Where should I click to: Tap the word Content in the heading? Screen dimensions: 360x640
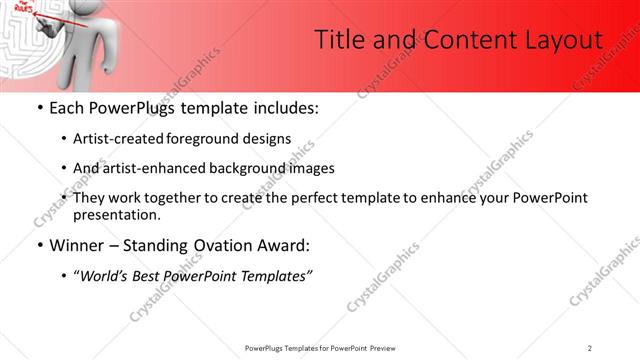click(x=460, y=39)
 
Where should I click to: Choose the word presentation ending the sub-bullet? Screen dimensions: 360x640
click(x=116, y=214)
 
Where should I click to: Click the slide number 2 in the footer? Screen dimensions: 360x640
click(x=590, y=348)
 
